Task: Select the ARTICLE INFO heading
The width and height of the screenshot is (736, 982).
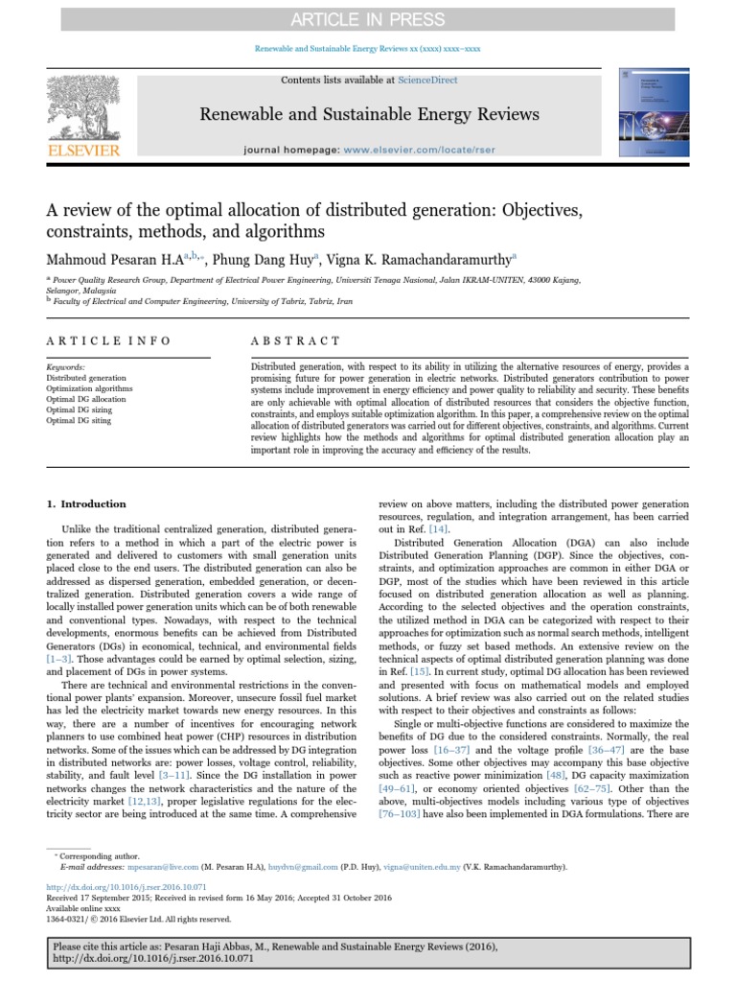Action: pyautogui.click(x=108, y=340)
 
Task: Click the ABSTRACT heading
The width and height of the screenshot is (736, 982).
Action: pyautogui.click(x=295, y=340)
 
